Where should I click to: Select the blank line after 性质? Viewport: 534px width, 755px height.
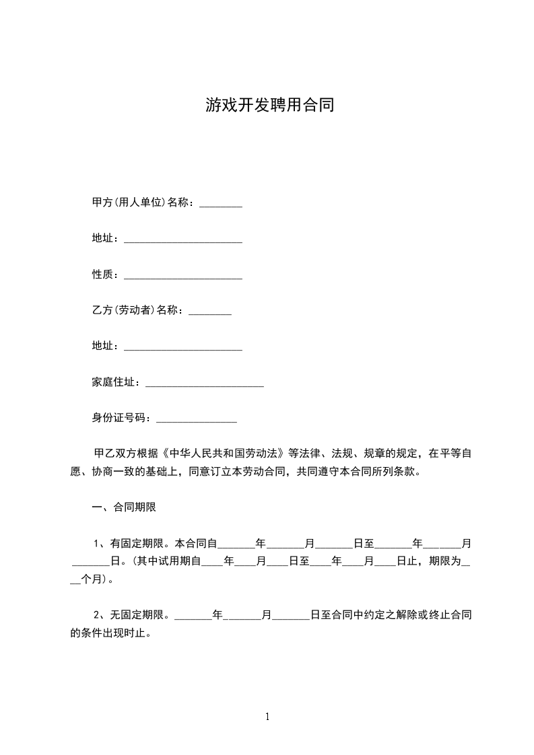183,275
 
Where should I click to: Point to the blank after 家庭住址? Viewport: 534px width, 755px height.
204,384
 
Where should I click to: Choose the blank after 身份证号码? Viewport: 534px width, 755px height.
196,420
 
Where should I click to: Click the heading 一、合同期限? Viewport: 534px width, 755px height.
124,507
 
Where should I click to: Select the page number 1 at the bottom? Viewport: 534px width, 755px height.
267,717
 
